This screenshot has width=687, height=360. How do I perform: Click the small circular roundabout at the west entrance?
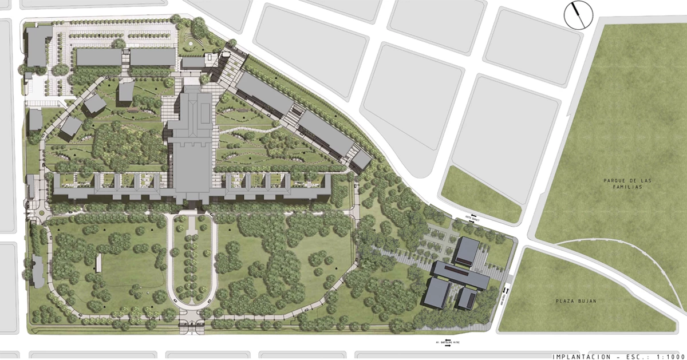click(x=41, y=213)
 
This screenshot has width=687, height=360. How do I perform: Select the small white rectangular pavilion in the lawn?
click(x=99, y=263)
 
